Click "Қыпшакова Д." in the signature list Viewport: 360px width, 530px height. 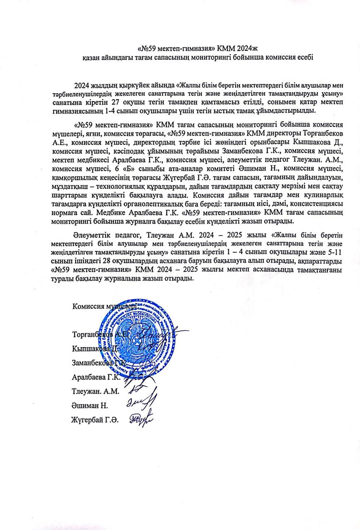[92, 348]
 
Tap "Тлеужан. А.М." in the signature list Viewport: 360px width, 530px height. [95, 391]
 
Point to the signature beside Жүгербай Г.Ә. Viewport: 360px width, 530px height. [140, 419]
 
